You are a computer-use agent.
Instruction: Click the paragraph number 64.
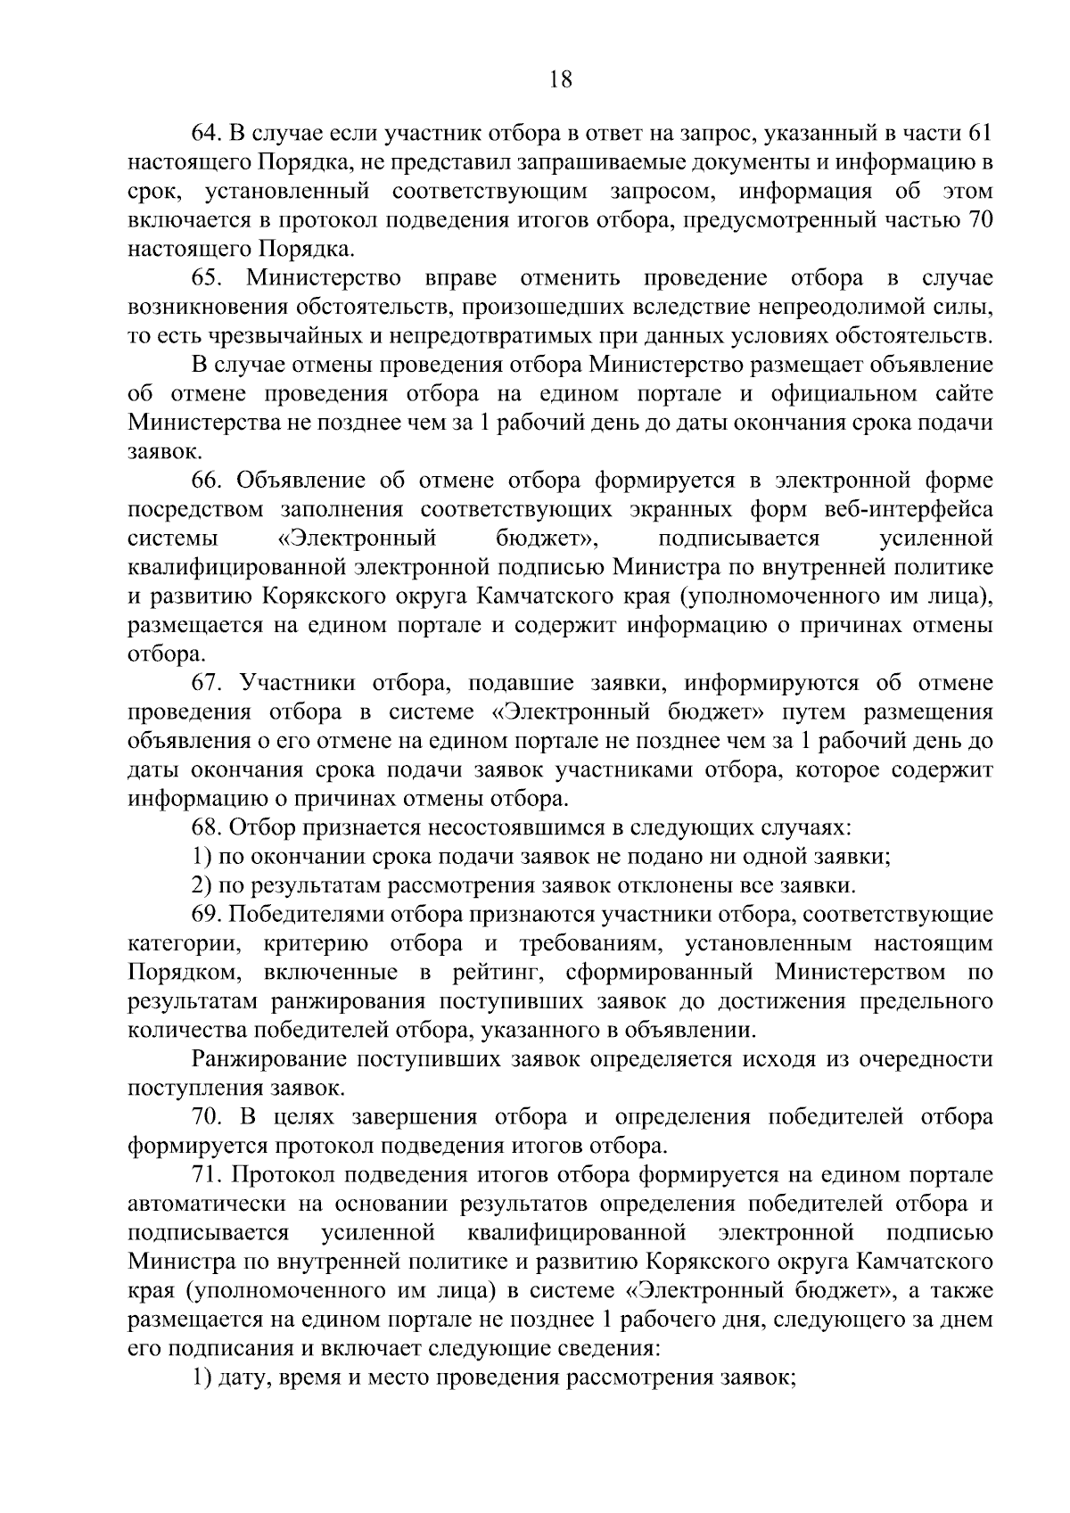(206, 133)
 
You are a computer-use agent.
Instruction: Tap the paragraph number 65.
(206, 277)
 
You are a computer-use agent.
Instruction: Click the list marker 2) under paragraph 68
(202, 885)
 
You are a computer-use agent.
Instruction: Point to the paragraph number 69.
(206, 915)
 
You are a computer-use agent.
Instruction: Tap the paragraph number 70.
(206, 1117)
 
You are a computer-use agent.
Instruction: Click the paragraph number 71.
(206, 1175)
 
